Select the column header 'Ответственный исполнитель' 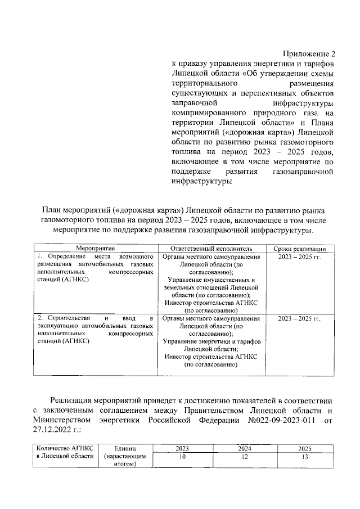[x=211, y=248]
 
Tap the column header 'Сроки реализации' [x=299, y=248]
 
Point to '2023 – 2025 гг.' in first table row [x=299, y=256]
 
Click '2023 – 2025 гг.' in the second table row [x=299, y=318]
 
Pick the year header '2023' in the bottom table [x=182, y=448]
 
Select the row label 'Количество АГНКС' [x=64, y=448]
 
